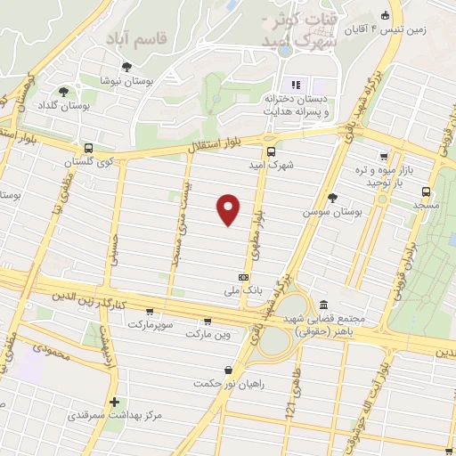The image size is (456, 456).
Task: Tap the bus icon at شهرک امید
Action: pyautogui.click(x=272, y=151)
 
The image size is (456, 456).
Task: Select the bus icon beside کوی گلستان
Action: pyautogui.click(x=88, y=149)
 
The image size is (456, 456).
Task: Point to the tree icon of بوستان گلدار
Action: pyautogui.click(x=63, y=91)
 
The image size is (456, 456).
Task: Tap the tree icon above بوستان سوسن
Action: pyautogui.click(x=333, y=198)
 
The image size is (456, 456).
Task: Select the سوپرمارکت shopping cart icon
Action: pyautogui.click(x=149, y=312)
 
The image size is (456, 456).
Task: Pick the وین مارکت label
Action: pyautogui.click(x=208, y=334)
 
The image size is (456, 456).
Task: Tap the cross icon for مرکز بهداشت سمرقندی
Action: pyautogui.click(x=114, y=403)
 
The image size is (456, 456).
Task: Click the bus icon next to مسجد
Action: pyautogui.click(x=427, y=191)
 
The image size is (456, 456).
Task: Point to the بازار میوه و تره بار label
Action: pyautogui.click(x=393, y=175)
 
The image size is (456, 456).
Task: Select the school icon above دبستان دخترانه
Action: pyautogui.click(x=295, y=85)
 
